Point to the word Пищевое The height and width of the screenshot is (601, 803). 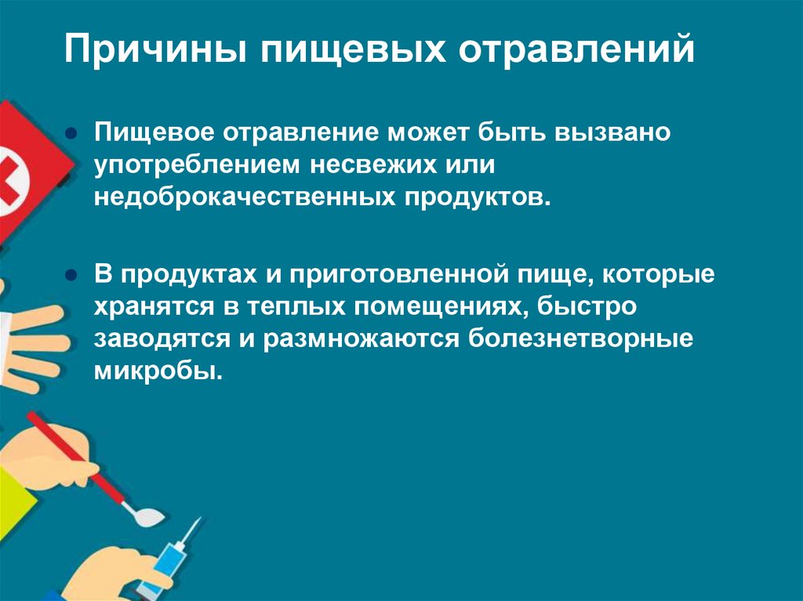click(x=154, y=132)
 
